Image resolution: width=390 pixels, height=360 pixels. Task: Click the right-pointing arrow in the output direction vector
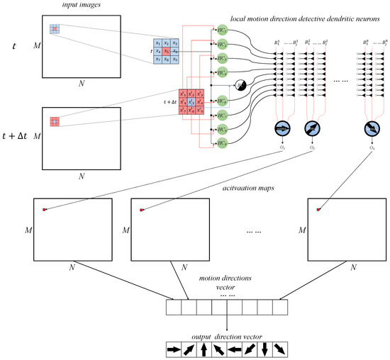(x=174, y=349)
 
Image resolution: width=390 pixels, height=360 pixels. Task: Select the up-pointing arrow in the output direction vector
(x=205, y=349)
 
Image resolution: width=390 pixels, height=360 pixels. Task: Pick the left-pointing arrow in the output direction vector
(x=235, y=349)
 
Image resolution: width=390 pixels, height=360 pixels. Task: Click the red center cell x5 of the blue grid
(x=166, y=52)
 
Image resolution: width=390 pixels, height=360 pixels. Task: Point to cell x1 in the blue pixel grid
(x=155, y=43)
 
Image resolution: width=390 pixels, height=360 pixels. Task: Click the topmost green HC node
(x=222, y=30)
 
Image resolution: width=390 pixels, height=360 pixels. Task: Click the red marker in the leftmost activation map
(x=44, y=209)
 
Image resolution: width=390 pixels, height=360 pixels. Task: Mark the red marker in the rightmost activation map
(x=319, y=209)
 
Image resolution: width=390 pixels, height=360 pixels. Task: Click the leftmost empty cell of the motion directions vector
(x=174, y=308)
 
